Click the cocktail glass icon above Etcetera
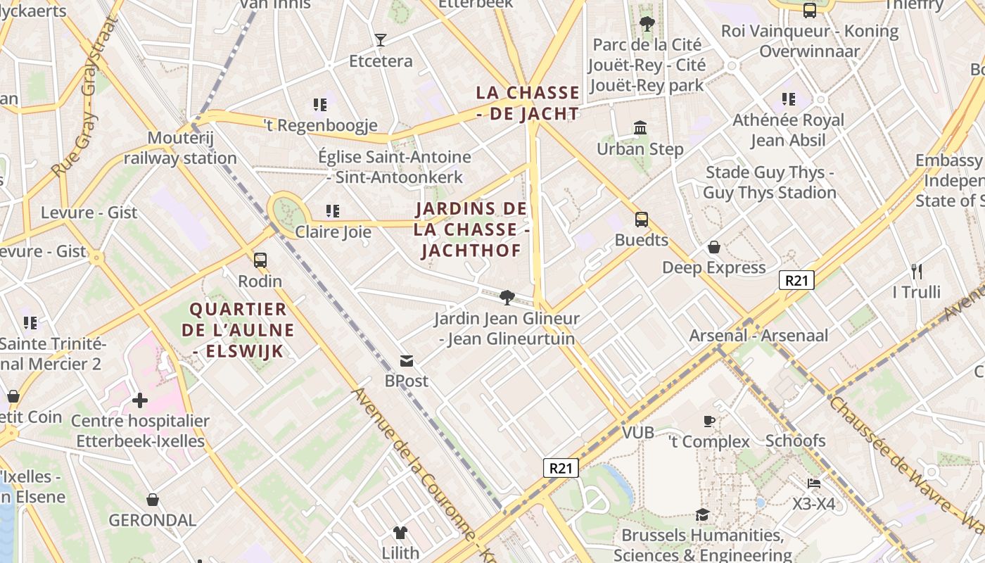(381, 40)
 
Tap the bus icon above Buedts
(641, 219)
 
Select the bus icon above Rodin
(260, 260)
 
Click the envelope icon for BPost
(407, 361)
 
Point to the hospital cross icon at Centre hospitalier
(140, 400)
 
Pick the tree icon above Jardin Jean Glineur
(506, 297)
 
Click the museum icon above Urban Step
(640, 128)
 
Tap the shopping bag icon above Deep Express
(713, 247)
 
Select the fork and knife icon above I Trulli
(916, 271)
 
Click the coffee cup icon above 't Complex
(709, 421)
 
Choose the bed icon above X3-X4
(814, 483)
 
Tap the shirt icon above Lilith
(400, 532)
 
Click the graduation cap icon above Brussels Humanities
(702, 515)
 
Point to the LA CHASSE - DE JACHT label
(528, 103)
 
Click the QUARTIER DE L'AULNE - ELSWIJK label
(238, 330)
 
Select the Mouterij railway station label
(180, 148)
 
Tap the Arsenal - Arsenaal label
(758, 336)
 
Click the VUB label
(638, 432)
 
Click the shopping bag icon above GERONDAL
(153, 500)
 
